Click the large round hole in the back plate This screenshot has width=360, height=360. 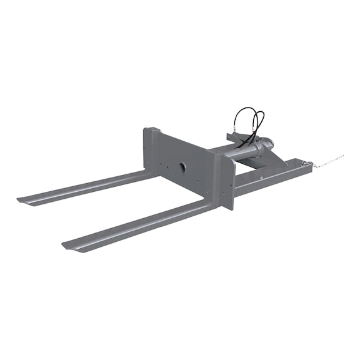181,167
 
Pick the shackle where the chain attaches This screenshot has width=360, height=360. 306,164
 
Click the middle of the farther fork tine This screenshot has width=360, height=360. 87,187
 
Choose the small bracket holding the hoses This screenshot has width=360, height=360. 235,137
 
